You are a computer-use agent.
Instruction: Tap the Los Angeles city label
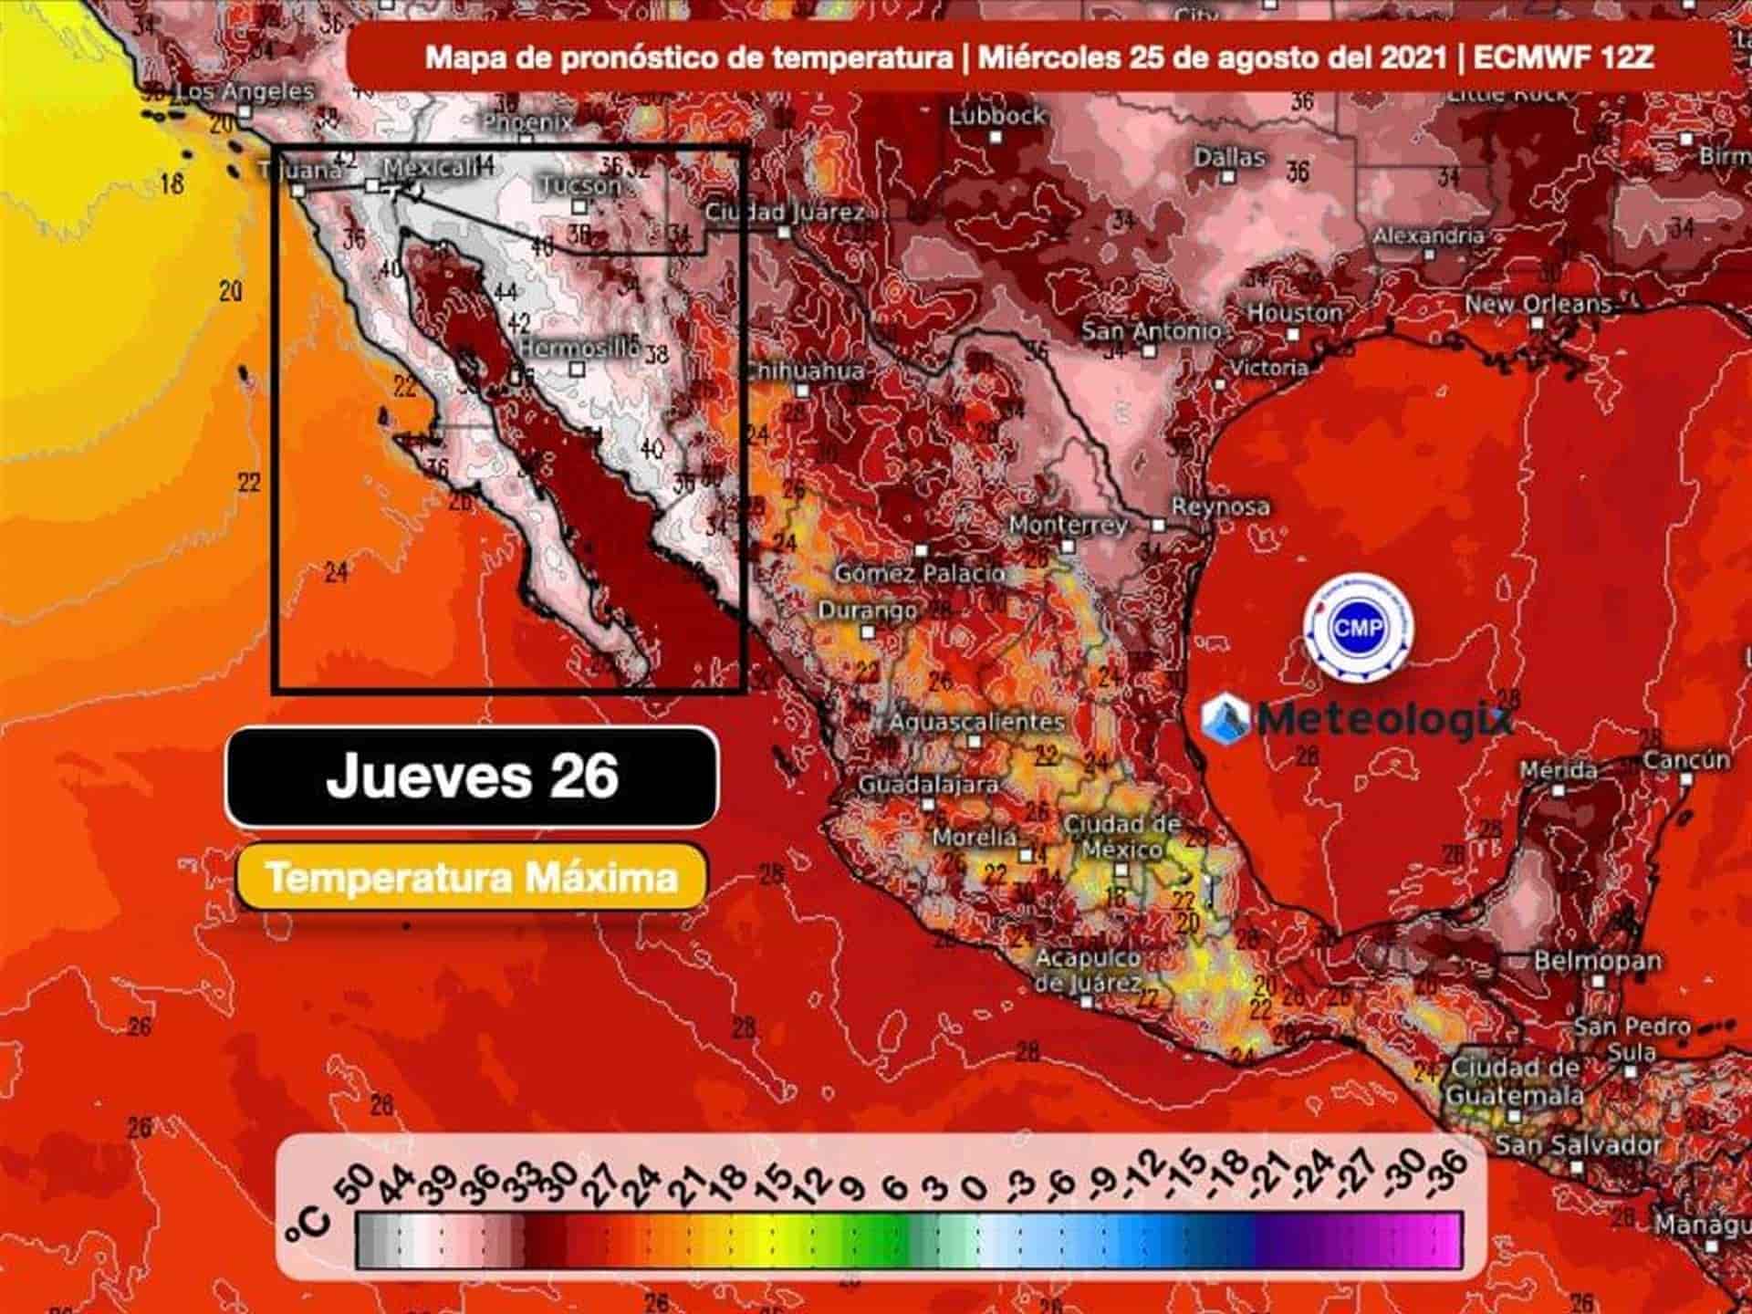(x=244, y=91)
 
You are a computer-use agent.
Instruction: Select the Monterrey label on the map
(x=1068, y=525)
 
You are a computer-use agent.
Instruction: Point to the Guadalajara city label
(x=928, y=784)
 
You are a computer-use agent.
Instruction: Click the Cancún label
(x=1686, y=759)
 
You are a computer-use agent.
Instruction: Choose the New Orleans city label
(x=1538, y=304)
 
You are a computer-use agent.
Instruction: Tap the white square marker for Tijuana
(x=298, y=191)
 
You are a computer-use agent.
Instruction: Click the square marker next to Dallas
(x=1229, y=177)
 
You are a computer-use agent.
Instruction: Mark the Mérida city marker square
(x=1559, y=790)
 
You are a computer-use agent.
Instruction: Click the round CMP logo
(x=1359, y=627)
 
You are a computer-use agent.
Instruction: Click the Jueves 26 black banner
(x=472, y=777)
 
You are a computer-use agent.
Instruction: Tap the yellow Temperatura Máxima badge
(x=472, y=878)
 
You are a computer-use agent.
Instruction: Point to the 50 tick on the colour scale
(x=360, y=1179)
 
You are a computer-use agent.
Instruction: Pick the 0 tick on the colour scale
(x=975, y=1186)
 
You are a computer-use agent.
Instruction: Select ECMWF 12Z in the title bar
(x=1562, y=57)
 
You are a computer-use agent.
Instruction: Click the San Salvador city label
(x=1578, y=1144)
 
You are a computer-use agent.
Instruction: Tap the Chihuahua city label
(x=803, y=370)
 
